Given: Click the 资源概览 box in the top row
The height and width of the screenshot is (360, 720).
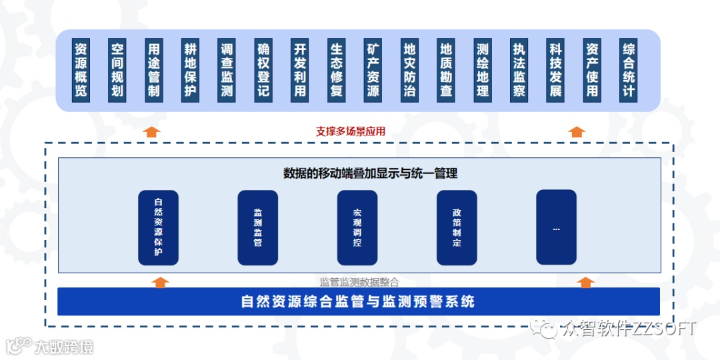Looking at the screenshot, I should pos(81,70).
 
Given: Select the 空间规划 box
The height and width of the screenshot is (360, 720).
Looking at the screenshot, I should pos(117,70).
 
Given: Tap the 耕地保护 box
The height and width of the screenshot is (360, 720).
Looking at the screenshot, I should pos(191,70).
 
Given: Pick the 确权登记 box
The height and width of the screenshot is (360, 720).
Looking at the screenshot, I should pos(263,70).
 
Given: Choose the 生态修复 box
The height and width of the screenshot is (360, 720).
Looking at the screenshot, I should pos(337,70).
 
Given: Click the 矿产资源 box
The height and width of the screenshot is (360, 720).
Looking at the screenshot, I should pos(373,70).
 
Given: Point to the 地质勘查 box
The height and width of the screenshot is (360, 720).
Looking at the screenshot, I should pos(446,70).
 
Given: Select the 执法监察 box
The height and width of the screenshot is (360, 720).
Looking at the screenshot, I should pos(519,70).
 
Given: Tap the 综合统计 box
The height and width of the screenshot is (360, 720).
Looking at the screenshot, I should pos(629,70).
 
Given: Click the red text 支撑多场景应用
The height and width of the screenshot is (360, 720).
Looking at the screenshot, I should pos(351,131).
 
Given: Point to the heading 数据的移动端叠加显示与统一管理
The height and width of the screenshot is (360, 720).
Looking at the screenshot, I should pos(370,173).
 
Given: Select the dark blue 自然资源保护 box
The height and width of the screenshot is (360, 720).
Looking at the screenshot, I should pos(158,227).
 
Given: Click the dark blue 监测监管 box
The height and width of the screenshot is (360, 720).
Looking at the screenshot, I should pos(257,227).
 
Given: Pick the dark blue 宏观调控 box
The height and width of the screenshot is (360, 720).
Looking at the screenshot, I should pos(357,227).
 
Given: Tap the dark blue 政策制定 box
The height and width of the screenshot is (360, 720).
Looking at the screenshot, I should pos(457,227).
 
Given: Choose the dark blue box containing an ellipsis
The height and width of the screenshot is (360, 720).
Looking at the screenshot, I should pos(556,227).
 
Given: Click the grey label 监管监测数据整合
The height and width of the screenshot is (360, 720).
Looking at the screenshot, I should pos(359,281).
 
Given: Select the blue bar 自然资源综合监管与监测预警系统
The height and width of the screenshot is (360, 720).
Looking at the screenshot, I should pos(359,301).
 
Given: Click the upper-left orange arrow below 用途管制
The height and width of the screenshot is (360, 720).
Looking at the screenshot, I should pos(153,131).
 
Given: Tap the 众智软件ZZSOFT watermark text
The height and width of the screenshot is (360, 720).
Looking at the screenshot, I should pos(629,329).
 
